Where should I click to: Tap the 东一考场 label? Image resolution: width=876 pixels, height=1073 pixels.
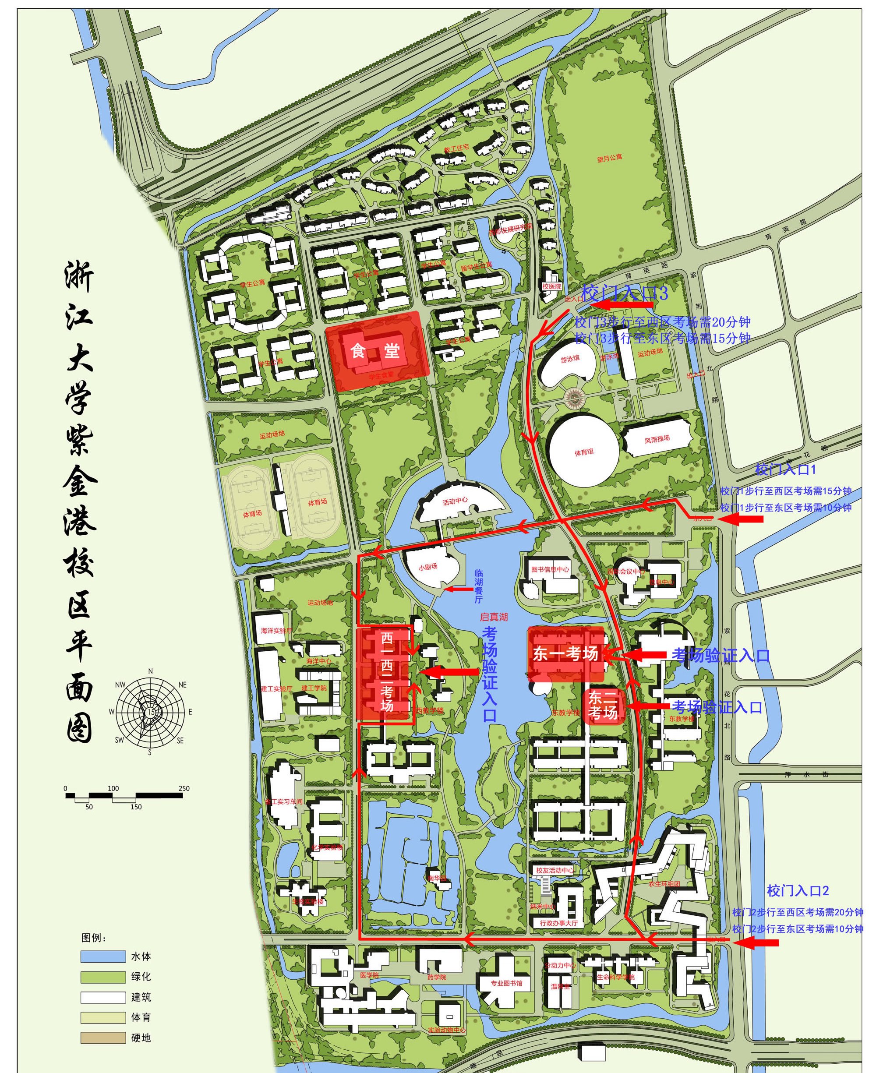[x=565, y=653]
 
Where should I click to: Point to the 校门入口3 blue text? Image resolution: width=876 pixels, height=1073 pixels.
[x=624, y=293]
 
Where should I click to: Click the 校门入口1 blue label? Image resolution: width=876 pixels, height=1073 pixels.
[x=785, y=469]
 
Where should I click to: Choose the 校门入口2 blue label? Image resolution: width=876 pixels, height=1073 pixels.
[x=797, y=890]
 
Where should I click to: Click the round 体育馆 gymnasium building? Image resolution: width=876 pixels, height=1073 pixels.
[x=584, y=452]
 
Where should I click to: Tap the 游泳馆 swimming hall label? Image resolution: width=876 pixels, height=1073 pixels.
[x=570, y=359]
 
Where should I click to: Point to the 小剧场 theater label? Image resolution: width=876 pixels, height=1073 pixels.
[x=427, y=567]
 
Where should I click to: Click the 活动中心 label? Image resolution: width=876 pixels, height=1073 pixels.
[x=455, y=501]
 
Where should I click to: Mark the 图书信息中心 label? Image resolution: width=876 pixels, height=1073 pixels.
[x=550, y=569]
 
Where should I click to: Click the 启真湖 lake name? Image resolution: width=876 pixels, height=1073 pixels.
[x=494, y=617]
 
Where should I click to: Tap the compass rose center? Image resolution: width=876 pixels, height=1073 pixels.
[x=150, y=711]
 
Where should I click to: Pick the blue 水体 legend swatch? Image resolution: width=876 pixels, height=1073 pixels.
[x=103, y=957]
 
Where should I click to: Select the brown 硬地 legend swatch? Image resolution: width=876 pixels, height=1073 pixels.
[x=103, y=1038]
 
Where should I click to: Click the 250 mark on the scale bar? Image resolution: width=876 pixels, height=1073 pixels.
[x=184, y=788]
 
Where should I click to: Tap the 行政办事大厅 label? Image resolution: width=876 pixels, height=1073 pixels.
[x=558, y=923]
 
